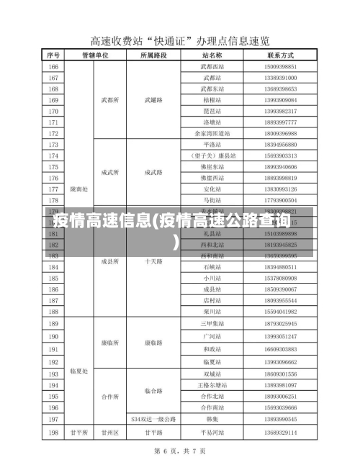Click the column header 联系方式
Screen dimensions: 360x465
coord(281,55)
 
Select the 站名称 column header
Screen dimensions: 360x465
coord(212,55)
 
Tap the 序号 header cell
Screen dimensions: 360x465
coord(54,55)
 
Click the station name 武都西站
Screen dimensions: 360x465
coord(212,66)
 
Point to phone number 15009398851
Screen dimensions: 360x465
coord(281,66)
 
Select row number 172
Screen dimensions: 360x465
coord(54,133)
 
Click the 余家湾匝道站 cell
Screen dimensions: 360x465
coord(212,133)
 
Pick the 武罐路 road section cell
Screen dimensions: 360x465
coord(153,100)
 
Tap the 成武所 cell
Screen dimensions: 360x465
coord(109,173)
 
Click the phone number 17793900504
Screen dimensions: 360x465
coord(281,200)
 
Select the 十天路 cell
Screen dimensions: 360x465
coord(153,261)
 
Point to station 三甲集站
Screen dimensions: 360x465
coord(212,324)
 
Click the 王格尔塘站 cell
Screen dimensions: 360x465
coord(212,385)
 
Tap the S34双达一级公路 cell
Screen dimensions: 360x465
coord(153,418)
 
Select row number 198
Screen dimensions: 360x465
coord(54,433)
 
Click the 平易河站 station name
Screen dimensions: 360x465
coord(212,433)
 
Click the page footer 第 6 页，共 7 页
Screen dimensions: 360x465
coord(180,451)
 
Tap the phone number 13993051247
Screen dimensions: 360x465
coord(281,336)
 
